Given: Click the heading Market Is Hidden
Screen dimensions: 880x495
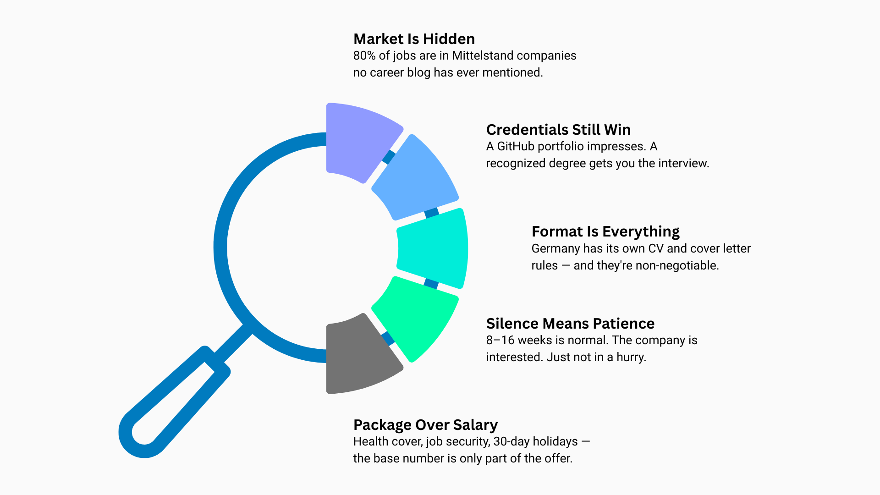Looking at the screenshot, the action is pyautogui.click(x=414, y=39).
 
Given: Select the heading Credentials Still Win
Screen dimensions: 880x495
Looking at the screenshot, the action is pyautogui.click(x=558, y=130).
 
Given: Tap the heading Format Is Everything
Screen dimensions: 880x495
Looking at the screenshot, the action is pyautogui.click(x=605, y=231).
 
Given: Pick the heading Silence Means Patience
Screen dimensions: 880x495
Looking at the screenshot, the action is pyautogui.click(x=570, y=324).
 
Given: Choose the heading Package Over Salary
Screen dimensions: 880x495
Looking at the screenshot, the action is pyautogui.click(x=425, y=425).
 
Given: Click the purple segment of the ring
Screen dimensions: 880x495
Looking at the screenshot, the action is pyautogui.click(x=360, y=140).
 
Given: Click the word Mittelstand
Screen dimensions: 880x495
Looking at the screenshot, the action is pyautogui.click(x=483, y=55).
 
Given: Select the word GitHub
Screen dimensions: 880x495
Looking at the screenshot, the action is pyautogui.click(x=516, y=146).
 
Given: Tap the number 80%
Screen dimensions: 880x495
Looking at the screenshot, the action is pyautogui.click(x=364, y=55).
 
